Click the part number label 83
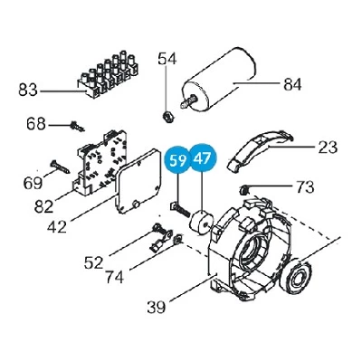pyautogui.click(x=28, y=90)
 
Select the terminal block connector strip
pyautogui.click(x=108, y=75)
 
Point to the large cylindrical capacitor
pyautogui.click(x=219, y=82)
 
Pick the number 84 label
pyautogui.click(x=292, y=84)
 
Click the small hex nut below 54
pyautogui.click(x=167, y=116)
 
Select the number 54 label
pyautogui.click(x=167, y=59)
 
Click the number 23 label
pyautogui.click(x=328, y=148)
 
